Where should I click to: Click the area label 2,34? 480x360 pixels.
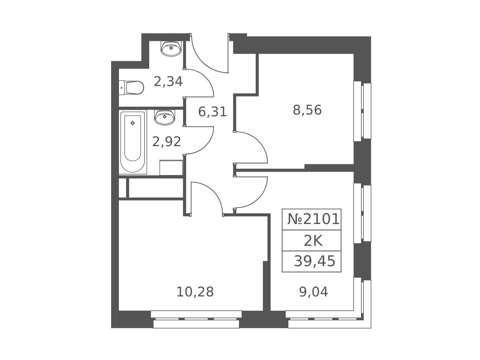tap(168, 82)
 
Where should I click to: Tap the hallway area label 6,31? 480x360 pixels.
tap(212, 112)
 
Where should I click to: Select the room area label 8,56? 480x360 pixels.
tap(307, 110)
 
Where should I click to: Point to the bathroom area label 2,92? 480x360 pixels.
tap(167, 142)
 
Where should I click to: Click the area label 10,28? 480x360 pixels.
tap(195, 292)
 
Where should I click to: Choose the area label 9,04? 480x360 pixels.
tap(313, 292)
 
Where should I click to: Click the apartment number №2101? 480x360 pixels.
tap(313, 219)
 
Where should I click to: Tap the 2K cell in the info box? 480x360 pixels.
tap(313, 242)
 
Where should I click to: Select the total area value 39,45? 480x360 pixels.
tap(314, 261)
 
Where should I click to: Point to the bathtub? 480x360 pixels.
tap(133, 142)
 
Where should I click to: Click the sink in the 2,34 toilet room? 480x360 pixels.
tap(171, 48)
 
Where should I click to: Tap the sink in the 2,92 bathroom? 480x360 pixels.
tap(165, 117)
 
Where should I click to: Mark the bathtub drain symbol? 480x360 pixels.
tap(133, 123)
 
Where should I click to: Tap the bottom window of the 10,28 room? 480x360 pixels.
tap(196, 320)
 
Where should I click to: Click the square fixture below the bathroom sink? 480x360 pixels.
tap(171, 168)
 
